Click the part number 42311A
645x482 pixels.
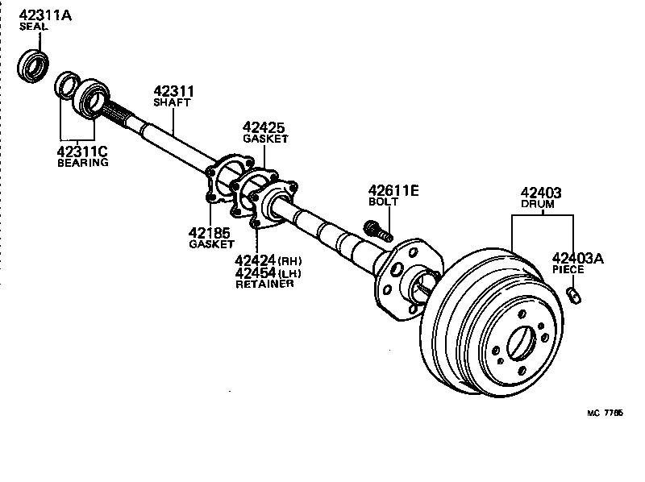coord(44,14)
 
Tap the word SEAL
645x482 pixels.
coord(33,27)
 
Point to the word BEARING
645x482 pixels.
coord(83,163)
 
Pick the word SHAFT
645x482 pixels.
coord(172,103)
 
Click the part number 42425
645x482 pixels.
coord(264,127)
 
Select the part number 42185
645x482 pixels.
coord(210,232)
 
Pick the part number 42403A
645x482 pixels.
coord(577,259)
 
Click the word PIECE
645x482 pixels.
coord(568,271)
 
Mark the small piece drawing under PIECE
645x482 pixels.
coord(574,294)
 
